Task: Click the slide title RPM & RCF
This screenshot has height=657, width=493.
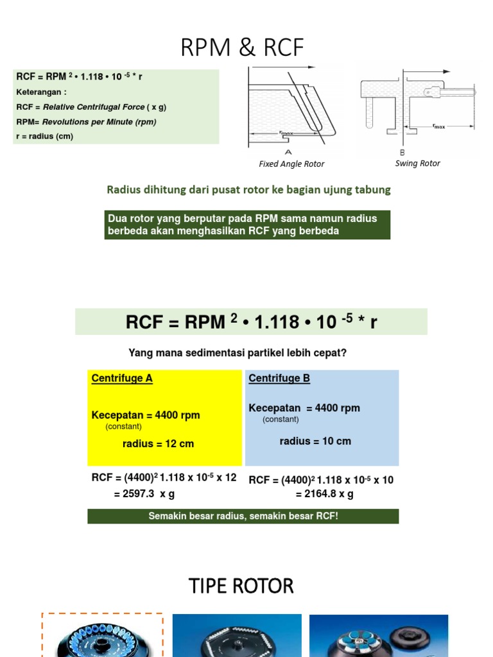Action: click(243, 48)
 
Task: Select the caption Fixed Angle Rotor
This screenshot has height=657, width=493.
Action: click(291, 164)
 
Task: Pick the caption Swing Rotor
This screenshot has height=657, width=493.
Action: click(417, 164)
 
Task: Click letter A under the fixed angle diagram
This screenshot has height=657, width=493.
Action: click(288, 152)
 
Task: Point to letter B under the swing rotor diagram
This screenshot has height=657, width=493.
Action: click(402, 152)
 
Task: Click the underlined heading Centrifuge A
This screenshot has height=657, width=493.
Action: click(122, 379)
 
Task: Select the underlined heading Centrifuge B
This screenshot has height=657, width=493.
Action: click(279, 379)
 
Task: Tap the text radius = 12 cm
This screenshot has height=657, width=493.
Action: click(158, 443)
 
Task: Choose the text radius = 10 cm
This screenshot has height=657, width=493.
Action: click(315, 441)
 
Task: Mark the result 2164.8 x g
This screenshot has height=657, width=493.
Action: click(324, 494)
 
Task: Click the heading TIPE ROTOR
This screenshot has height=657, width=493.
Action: click(241, 586)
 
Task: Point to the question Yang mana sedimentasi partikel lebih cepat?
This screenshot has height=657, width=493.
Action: click(238, 353)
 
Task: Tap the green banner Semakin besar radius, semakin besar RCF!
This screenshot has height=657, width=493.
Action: click(243, 516)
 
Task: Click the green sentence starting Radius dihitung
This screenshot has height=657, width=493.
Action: click(248, 190)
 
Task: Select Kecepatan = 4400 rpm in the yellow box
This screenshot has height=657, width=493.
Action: click(146, 415)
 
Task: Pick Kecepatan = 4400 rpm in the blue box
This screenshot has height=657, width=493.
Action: click(304, 408)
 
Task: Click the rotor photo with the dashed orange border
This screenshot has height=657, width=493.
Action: click(103, 635)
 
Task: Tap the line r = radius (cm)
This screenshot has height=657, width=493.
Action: click(44, 136)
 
